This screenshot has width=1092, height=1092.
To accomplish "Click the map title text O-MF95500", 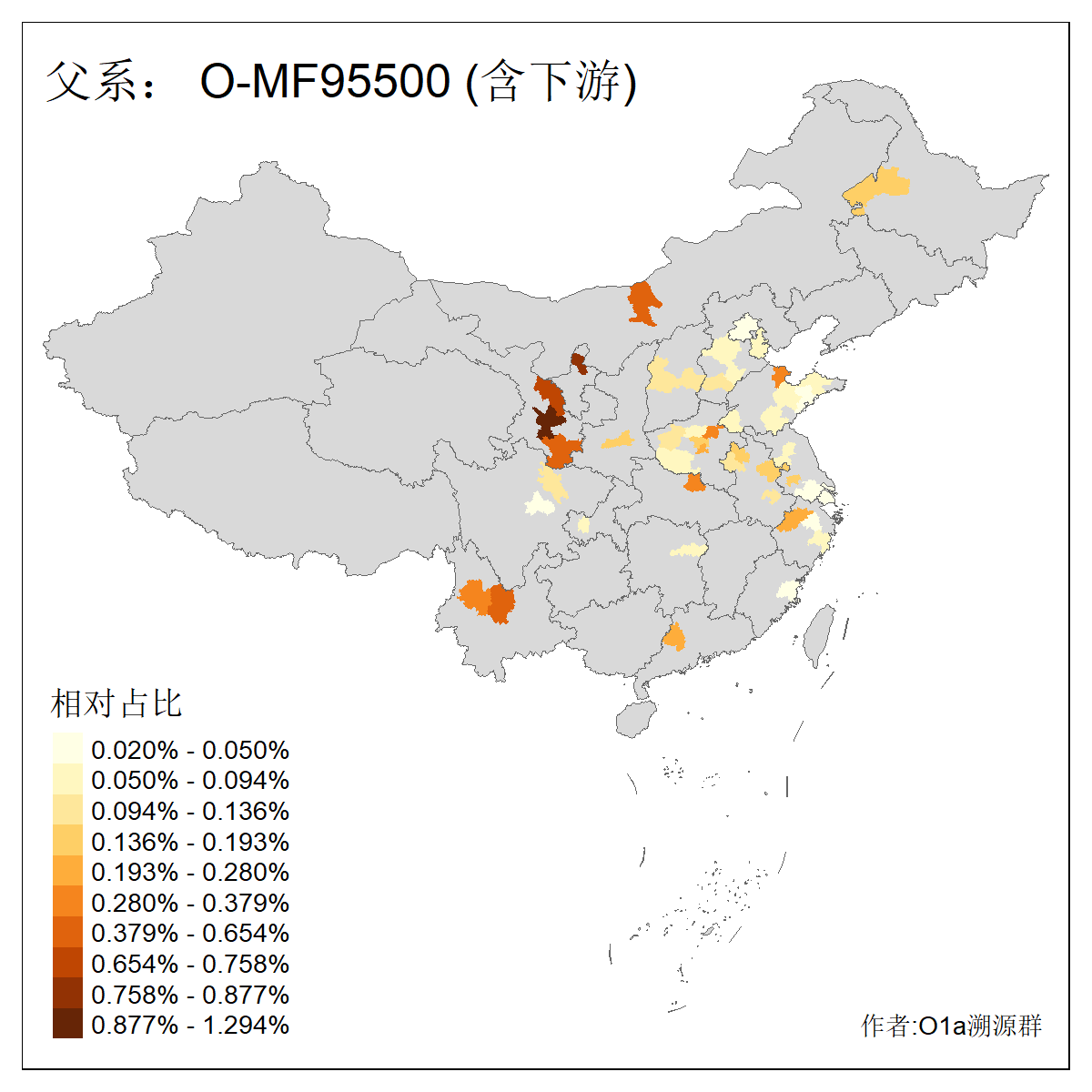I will click(x=325, y=82).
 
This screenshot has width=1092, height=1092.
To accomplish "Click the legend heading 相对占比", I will click(x=116, y=703).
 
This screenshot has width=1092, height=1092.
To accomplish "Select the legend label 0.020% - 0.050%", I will click(x=190, y=751).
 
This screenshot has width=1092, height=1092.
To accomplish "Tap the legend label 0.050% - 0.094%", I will click(x=190, y=781).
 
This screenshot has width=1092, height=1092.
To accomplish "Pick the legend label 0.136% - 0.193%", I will click(x=190, y=842).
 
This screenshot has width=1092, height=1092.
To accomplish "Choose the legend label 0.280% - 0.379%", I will click(x=190, y=903).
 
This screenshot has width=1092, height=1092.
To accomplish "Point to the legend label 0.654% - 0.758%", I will click(x=190, y=964).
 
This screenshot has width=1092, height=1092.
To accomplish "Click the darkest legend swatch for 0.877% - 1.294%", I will click(x=67, y=1025).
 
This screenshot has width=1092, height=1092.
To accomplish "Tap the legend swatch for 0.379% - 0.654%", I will click(x=67, y=933).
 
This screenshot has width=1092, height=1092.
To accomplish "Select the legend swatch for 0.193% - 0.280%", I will click(x=67, y=872).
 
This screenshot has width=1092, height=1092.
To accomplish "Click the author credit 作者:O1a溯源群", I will click(x=951, y=1026).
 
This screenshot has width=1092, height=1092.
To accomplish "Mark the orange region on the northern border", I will click(x=643, y=302).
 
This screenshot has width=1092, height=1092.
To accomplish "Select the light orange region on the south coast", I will click(x=674, y=636).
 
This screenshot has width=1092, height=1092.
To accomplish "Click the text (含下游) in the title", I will click(x=551, y=82).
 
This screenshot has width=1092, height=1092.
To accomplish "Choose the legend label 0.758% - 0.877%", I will click(x=190, y=995).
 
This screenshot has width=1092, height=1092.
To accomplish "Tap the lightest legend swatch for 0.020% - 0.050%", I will click(x=67, y=750).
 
